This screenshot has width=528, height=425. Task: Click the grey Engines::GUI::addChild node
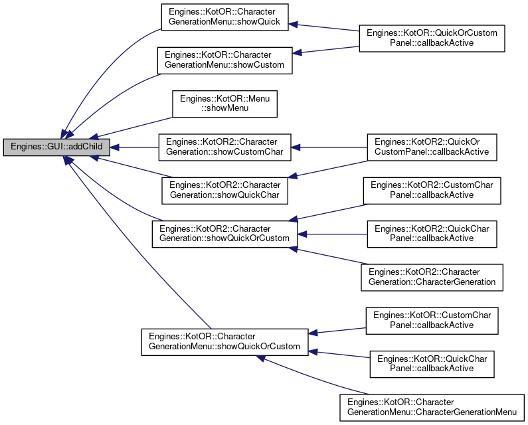[56, 147]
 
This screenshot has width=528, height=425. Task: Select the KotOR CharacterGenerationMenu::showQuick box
[224, 17]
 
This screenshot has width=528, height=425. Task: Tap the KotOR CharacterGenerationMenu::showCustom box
[224, 60]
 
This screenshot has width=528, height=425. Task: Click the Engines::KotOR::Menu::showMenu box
[224, 104]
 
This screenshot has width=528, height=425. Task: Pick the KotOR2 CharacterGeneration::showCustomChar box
[224, 147]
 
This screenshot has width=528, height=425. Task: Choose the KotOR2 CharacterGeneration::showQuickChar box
[224, 191]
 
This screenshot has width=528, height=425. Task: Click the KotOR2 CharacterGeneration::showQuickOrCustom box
[224, 234]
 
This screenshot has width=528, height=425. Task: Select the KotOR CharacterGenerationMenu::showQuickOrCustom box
[224, 342]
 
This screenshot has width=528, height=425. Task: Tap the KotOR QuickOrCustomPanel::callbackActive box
[432, 39]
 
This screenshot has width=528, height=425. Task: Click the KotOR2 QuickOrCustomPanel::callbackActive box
[432, 147]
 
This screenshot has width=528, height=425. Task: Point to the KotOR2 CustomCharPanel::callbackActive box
[432, 191]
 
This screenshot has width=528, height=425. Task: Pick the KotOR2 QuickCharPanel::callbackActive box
[432, 234]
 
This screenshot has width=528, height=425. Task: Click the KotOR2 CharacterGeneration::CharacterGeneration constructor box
[432, 278]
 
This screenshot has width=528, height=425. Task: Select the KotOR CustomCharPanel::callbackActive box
[432, 321]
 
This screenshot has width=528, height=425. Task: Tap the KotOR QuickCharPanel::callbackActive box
[432, 364]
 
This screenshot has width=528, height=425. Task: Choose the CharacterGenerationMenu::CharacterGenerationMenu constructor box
[432, 408]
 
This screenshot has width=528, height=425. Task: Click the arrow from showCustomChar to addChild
[134, 147]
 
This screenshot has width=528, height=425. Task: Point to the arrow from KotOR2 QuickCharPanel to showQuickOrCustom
[332, 234]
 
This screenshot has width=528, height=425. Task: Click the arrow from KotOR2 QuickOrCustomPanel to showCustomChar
[329, 147]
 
